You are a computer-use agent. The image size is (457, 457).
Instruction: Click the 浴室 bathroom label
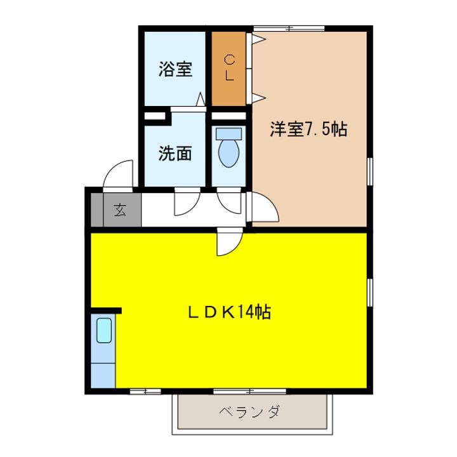click(175, 69)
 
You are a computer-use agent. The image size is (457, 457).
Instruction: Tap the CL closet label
click(230, 68)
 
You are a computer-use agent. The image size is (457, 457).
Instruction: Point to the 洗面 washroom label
click(175, 154)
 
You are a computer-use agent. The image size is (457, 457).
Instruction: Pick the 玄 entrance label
click(120, 210)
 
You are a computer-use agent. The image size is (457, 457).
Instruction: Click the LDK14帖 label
click(228, 312)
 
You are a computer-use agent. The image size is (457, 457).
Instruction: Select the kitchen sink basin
click(103, 330)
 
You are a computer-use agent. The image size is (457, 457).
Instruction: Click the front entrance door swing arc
click(119, 174)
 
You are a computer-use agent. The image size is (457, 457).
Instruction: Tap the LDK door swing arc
click(228, 242)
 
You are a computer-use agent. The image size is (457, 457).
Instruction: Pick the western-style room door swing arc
click(265, 206)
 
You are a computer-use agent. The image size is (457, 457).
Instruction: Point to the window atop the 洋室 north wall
click(289, 28)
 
